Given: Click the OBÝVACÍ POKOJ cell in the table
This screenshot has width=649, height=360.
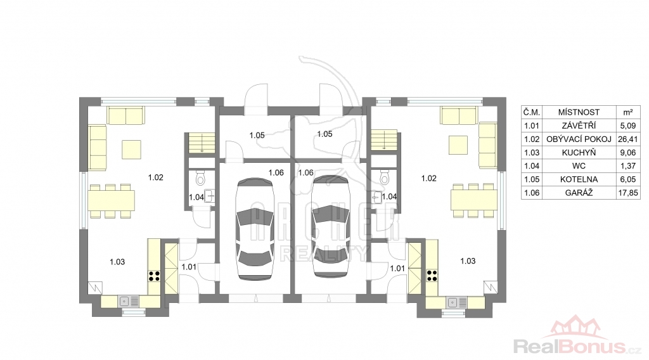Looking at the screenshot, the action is [x=579, y=139].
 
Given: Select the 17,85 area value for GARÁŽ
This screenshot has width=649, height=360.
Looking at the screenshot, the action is [x=628, y=193].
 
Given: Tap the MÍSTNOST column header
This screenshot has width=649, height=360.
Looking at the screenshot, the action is [x=579, y=112].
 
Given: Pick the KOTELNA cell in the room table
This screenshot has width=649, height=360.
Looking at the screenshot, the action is [x=579, y=179].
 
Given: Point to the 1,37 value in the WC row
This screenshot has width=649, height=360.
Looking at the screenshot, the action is [x=628, y=166].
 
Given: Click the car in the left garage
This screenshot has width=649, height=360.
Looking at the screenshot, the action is [x=255, y=229].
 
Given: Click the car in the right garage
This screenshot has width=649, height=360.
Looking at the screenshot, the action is [x=331, y=226].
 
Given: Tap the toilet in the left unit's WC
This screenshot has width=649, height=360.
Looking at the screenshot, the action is [x=201, y=178].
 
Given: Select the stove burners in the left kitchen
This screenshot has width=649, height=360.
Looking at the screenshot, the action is [x=154, y=276].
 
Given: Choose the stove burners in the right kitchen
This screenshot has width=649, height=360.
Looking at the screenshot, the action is [x=432, y=276].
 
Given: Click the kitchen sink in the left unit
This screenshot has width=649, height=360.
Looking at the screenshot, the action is [x=129, y=302].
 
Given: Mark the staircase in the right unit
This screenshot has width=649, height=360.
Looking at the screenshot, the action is [x=384, y=141].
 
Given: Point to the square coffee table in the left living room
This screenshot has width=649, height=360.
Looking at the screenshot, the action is [x=131, y=150].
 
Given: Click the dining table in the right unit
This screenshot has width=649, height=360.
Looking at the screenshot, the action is [x=473, y=200].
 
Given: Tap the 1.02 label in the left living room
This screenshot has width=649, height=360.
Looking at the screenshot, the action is [x=156, y=177].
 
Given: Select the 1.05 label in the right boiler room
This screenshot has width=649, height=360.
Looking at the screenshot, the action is [x=325, y=134].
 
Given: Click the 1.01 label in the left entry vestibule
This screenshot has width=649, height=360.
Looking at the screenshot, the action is [x=189, y=267].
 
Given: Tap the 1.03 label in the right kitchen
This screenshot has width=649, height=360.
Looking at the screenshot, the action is [x=468, y=260].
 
